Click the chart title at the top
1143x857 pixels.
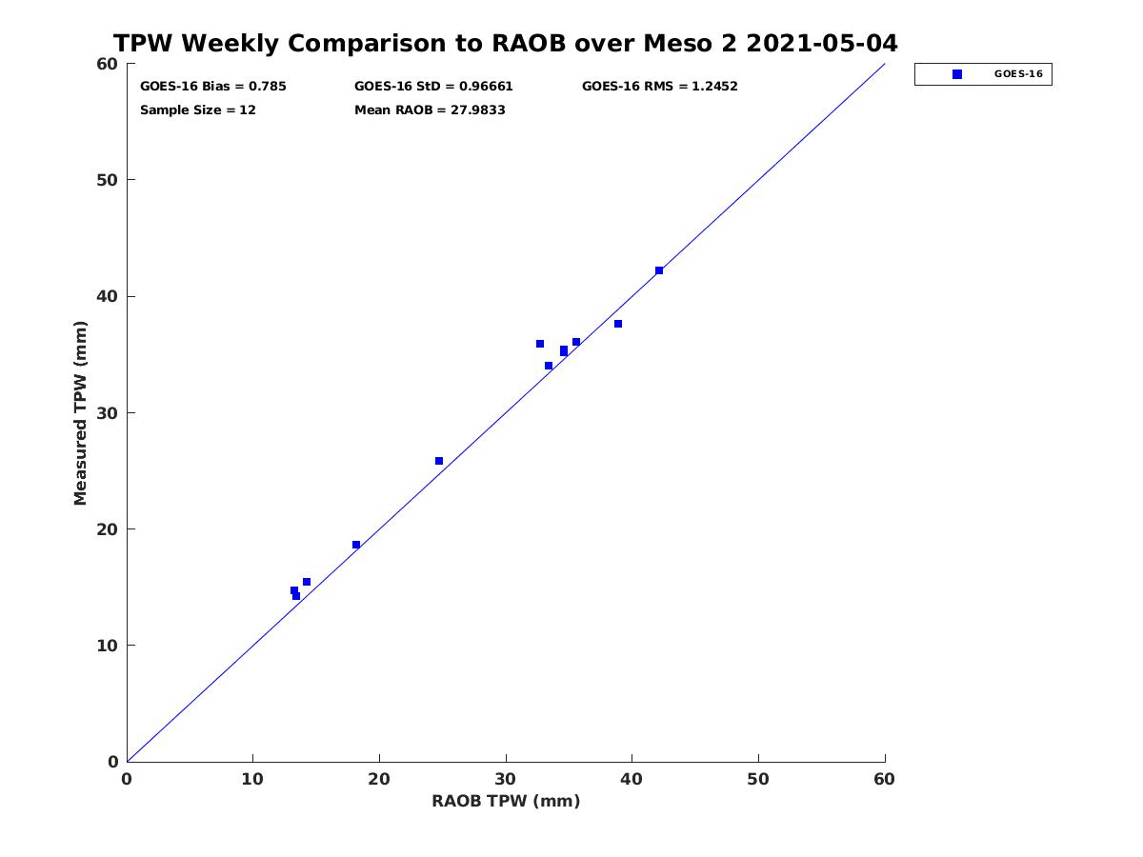click(x=505, y=43)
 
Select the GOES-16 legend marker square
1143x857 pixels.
click(x=957, y=74)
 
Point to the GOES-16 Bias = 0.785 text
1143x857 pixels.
click(x=213, y=87)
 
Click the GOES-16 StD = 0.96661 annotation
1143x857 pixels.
click(x=433, y=87)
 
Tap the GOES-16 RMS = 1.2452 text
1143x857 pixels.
click(x=660, y=87)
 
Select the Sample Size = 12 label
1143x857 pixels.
click(x=198, y=110)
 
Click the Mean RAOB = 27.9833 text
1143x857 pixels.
click(x=430, y=110)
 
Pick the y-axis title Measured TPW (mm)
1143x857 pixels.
click(x=80, y=413)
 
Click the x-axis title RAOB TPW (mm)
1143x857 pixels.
click(x=506, y=801)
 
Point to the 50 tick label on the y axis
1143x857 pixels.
click(x=108, y=180)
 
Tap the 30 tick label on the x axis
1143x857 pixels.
click(x=506, y=779)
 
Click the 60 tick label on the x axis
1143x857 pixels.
click(x=884, y=779)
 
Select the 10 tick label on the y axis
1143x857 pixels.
click(x=108, y=646)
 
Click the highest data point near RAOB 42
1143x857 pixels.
click(x=659, y=270)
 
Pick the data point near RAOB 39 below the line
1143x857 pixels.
click(x=618, y=324)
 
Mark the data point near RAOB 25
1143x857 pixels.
click(x=439, y=461)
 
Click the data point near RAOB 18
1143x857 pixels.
click(x=356, y=545)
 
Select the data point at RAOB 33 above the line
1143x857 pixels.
click(x=540, y=344)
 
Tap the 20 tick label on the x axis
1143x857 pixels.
click(x=379, y=779)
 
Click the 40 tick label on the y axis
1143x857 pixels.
click(x=108, y=296)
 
